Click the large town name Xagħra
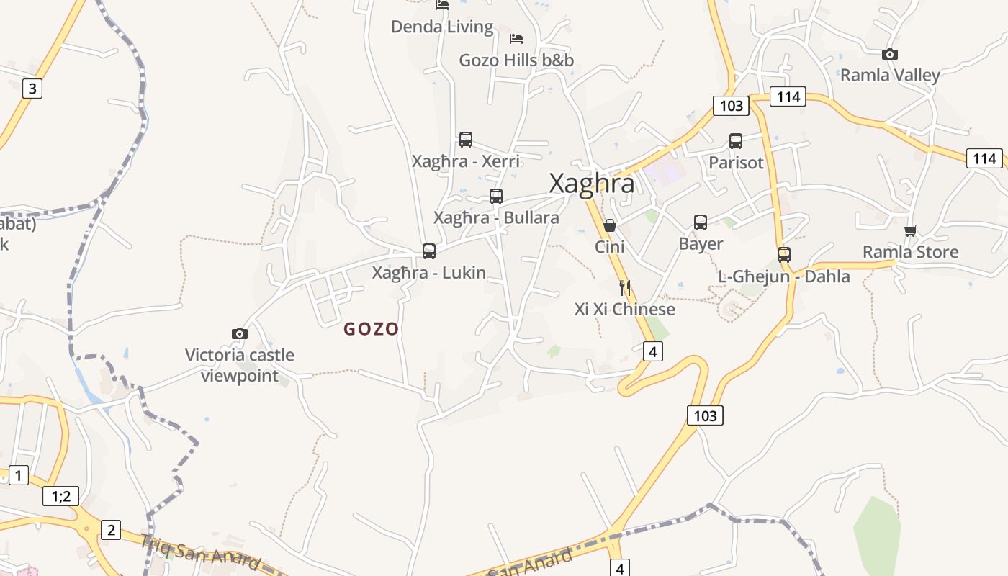coord(592,184)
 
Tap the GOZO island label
coord(371,329)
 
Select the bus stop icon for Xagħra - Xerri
coord(466,140)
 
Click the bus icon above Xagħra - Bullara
coord(495,196)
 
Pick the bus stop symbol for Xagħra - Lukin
coord(429,251)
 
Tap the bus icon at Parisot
coord(735,141)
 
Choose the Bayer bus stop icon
coord(701,222)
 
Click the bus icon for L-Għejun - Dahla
coord(784,254)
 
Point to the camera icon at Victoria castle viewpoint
coord(240,333)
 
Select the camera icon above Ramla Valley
coord(890,54)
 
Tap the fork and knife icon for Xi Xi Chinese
coord(625,288)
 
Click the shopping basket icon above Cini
coord(609,225)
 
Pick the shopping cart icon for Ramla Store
coord(911,230)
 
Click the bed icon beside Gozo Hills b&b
coord(516,38)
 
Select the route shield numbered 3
coord(32,89)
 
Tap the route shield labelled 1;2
coord(60,496)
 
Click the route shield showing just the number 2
coord(110,530)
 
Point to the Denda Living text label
coord(442,27)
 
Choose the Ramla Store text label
coord(911,252)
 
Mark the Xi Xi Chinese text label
coord(625,309)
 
